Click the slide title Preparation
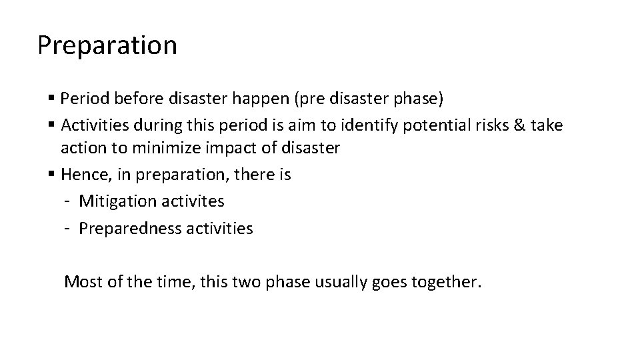(x=107, y=45)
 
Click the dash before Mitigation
(x=69, y=201)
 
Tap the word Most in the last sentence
(x=79, y=282)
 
